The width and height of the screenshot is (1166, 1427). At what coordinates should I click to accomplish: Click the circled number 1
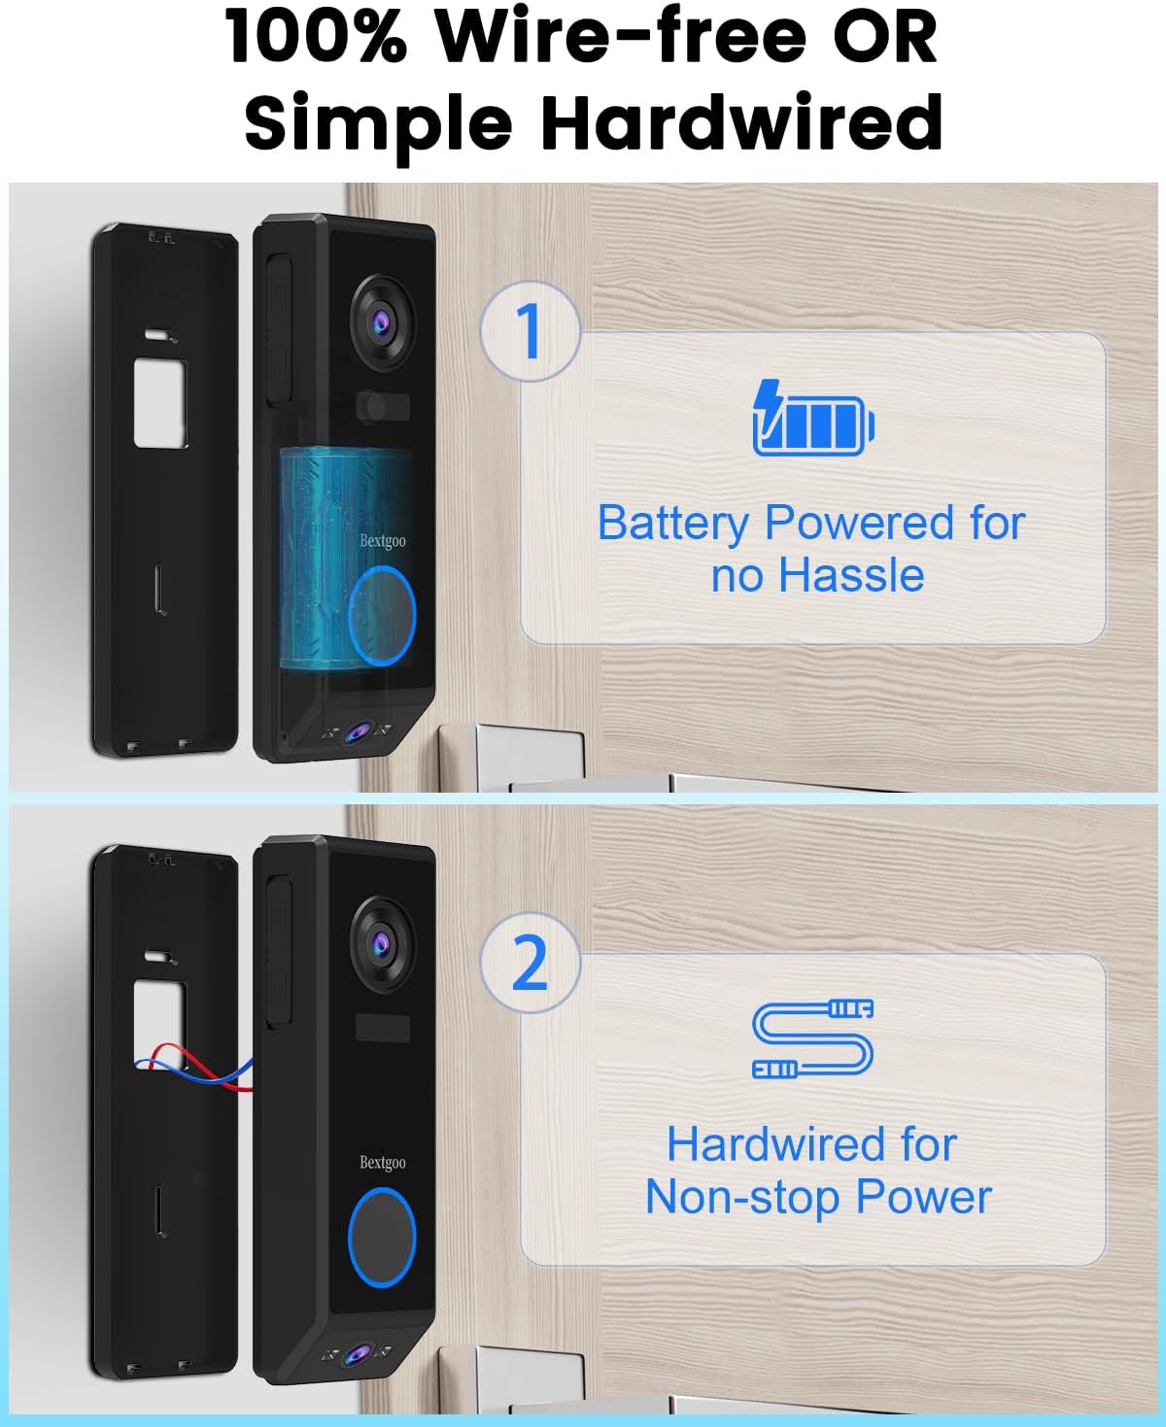(529, 331)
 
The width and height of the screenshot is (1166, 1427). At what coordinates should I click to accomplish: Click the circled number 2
(530, 963)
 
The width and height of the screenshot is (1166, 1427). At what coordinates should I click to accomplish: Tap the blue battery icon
(814, 419)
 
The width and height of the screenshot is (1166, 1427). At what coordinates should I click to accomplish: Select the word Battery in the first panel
(672, 523)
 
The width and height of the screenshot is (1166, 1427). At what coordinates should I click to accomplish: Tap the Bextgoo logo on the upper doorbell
(383, 540)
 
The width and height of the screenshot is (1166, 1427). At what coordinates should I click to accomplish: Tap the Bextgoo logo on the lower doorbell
(383, 1162)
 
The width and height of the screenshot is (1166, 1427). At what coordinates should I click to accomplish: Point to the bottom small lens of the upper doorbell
(360, 732)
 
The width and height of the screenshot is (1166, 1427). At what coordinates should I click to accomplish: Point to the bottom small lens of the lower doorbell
(360, 1353)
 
